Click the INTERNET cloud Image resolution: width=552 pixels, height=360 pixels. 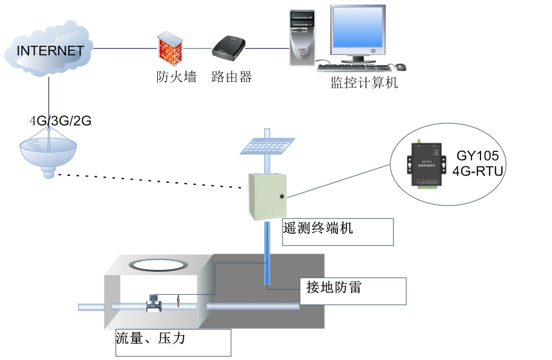coord(49,51)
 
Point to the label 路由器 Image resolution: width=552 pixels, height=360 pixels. coord(231,77)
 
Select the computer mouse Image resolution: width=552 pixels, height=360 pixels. coord(401,67)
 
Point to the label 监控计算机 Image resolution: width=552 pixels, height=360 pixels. coord(364,83)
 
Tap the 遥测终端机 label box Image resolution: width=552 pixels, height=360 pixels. coord(338,231)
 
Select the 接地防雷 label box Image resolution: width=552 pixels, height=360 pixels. coord(354,290)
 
